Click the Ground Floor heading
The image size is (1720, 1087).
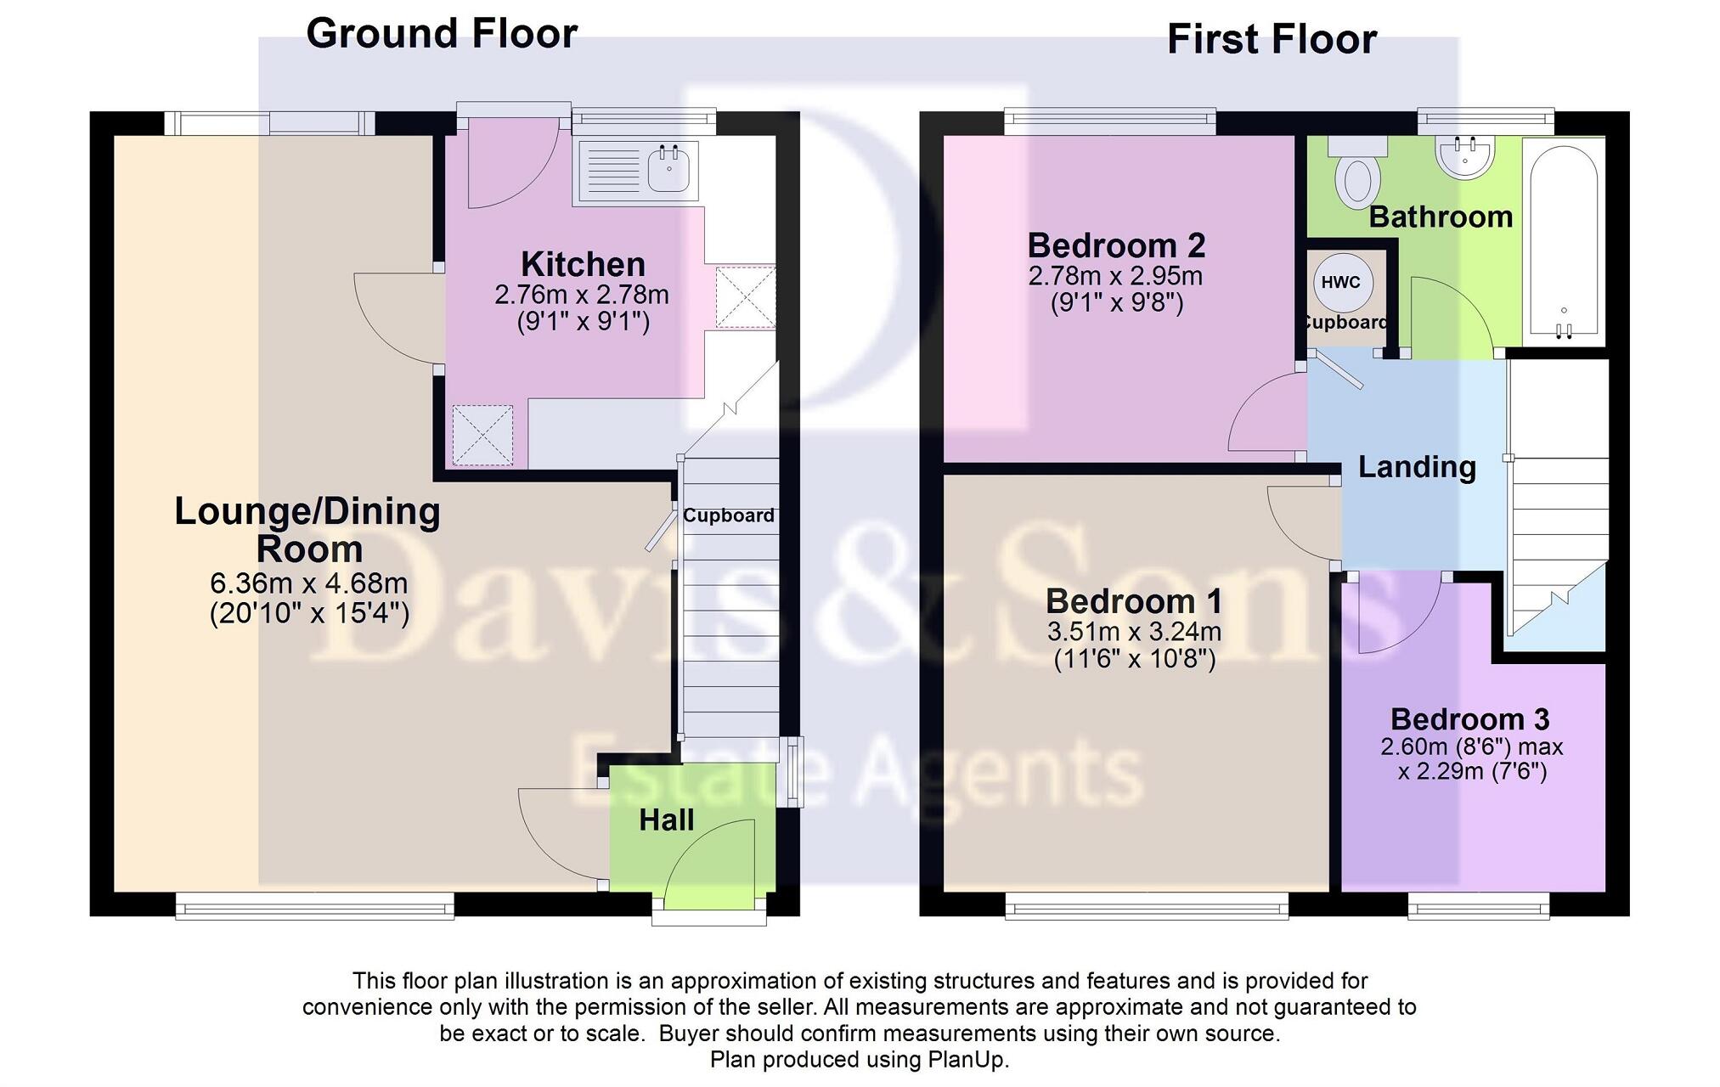(x=441, y=34)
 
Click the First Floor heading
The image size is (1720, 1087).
(x=1272, y=40)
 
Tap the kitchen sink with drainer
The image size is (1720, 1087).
(x=638, y=171)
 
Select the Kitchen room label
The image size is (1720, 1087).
(x=583, y=264)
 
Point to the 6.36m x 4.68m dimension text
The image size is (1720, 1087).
(x=308, y=583)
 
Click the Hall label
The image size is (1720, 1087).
(x=666, y=819)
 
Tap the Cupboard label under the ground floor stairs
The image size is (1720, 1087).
(x=728, y=515)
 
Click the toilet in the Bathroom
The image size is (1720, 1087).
(x=1357, y=177)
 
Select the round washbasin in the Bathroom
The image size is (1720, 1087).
(x=1464, y=158)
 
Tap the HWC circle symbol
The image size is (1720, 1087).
(x=1340, y=283)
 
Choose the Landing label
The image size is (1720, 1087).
(x=1416, y=467)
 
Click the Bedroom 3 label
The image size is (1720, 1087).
(x=1469, y=719)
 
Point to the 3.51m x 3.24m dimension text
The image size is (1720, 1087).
(x=1134, y=632)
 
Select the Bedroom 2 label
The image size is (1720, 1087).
(x=1116, y=245)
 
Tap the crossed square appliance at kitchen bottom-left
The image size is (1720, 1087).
(x=482, y=436)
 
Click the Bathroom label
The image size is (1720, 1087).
(x=1441, y=217)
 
